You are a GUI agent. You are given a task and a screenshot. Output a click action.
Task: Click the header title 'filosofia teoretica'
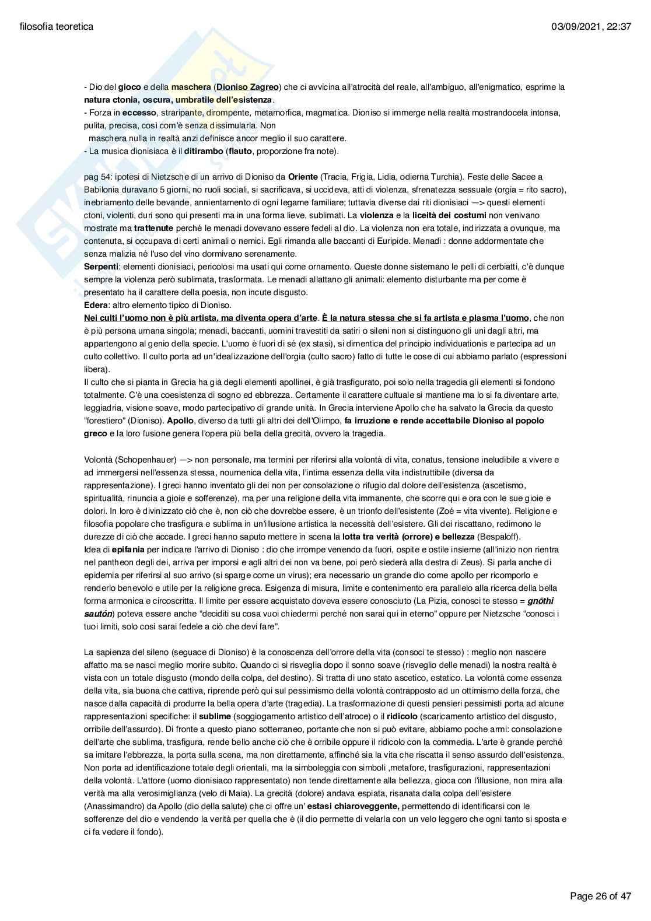coord(56,26)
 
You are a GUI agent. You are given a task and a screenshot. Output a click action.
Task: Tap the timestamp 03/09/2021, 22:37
coord(590,26)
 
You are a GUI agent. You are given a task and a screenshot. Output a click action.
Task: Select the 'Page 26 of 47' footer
coord(600,895)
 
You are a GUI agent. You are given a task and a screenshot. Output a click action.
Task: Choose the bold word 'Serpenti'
coord(101,267)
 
